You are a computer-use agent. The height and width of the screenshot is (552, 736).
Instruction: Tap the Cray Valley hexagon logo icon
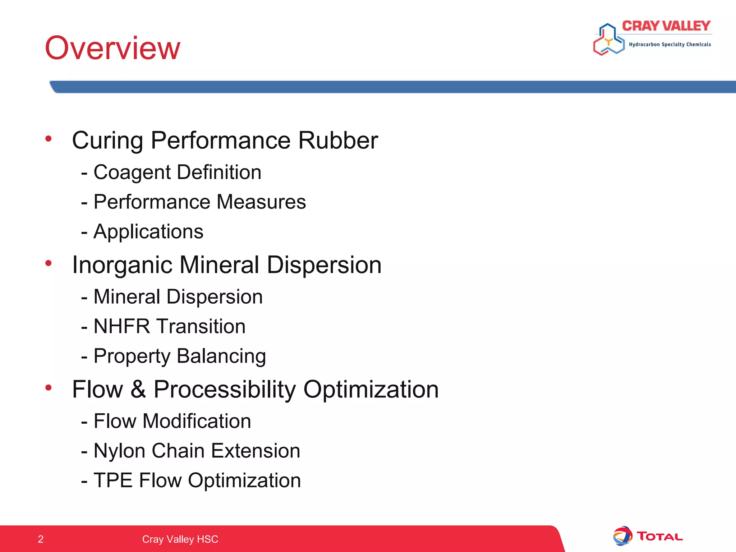(608, 40)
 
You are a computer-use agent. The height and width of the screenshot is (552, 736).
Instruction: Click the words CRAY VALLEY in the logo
(666, 26)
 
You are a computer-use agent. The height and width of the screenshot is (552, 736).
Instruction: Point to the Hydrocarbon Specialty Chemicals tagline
(670, 45)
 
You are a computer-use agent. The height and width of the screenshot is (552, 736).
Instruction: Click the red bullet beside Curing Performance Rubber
(49, 139)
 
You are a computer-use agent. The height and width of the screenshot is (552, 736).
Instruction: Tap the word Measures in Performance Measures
(261, 202)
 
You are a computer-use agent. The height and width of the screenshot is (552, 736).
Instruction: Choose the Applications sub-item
(148, 231)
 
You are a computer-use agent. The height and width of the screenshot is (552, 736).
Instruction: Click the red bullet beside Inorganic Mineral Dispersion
(49, 263)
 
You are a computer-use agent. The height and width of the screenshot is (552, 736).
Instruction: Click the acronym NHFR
(121, 326)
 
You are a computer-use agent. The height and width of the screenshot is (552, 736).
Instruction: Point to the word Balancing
(221, 356)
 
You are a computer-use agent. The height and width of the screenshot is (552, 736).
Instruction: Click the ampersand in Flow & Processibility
(138, 390)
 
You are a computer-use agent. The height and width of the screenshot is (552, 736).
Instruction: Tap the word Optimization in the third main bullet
(371, 390)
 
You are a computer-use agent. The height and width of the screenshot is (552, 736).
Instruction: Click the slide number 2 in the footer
(41, 539)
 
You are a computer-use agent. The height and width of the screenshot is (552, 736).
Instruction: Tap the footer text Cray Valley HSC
(180, 539)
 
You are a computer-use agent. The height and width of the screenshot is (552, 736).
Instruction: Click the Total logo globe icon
(622, 536)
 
